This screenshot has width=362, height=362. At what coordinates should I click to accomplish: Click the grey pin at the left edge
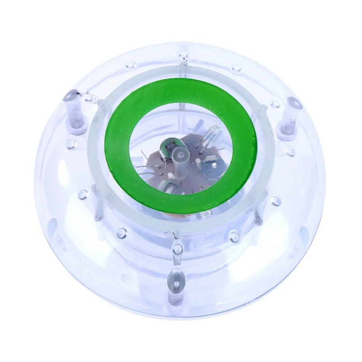[75, 109]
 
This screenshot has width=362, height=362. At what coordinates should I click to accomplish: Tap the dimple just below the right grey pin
[290, 151]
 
